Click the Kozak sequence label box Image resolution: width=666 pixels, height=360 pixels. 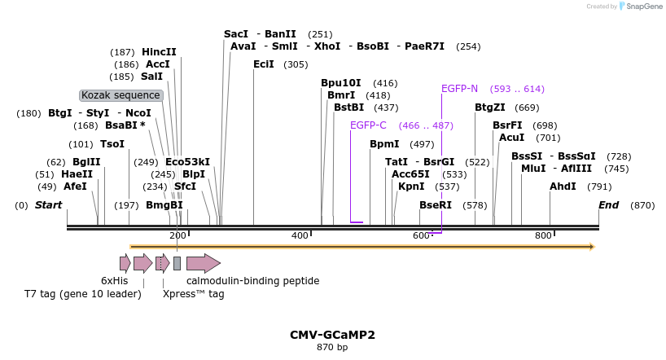(121, 95)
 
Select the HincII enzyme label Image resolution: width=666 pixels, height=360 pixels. (159, 52)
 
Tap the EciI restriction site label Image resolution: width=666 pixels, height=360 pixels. (264, 64)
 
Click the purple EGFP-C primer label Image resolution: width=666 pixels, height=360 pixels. (368, 125)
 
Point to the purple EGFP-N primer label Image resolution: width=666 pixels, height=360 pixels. (460, 89)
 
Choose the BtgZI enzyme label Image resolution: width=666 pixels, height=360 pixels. (490, 108)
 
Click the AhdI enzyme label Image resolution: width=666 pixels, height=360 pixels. (563, 187)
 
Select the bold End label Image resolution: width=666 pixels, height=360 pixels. (608, 205)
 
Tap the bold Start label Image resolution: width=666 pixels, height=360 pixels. (48, 205)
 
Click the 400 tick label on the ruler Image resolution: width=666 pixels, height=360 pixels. (300, 236)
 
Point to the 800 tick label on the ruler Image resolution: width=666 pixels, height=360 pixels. (543, 236)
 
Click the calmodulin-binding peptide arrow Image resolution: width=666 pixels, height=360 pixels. (203, 263)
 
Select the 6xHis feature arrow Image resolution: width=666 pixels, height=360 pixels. (125, 263)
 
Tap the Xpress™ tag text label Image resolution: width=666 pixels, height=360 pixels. (193, 294)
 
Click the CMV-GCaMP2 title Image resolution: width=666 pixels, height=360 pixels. (332, 335)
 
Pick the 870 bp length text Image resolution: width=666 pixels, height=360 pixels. (332, 348)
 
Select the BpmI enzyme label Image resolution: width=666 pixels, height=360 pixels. (384, 144)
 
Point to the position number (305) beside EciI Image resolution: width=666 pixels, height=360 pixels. (296, 64)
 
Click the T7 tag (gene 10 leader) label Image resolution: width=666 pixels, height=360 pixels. (83, 294)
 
